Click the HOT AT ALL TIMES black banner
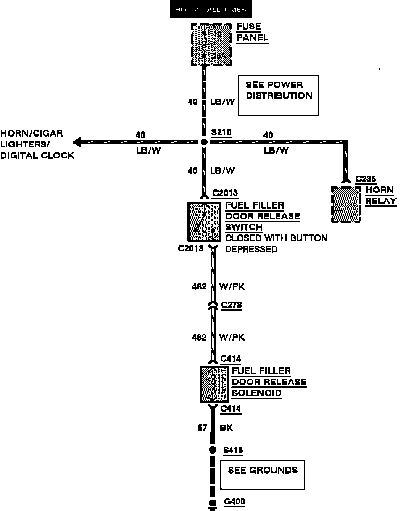pos(211,10)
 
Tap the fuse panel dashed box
pos(211,44)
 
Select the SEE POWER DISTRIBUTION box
pos(278,95)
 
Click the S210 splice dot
pos(204,142)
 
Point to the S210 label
pos(221,133)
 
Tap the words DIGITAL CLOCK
pos(37,155)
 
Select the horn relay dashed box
pos(346,204)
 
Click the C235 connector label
pos(366,179)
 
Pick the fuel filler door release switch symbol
pos(204,222)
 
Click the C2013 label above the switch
pos(225,193)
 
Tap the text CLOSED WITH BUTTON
pos(276,238)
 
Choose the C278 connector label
pos(231,305)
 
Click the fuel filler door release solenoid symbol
pos(214,384)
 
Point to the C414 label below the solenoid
pos(231,409)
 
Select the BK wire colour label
pos(226,428)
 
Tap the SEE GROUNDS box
pos(263,474)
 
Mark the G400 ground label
pos(234,501)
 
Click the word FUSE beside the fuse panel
pos(248,27)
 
